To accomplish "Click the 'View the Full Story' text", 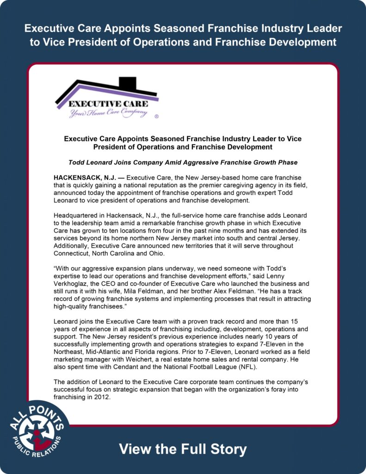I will (183, 449).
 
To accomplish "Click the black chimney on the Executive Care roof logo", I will (127, 84).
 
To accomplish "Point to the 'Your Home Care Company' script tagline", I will (108, 112).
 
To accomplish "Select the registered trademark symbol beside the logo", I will (156, 117).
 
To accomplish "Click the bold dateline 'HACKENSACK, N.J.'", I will (86, 178).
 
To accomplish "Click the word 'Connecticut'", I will (73, 253).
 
